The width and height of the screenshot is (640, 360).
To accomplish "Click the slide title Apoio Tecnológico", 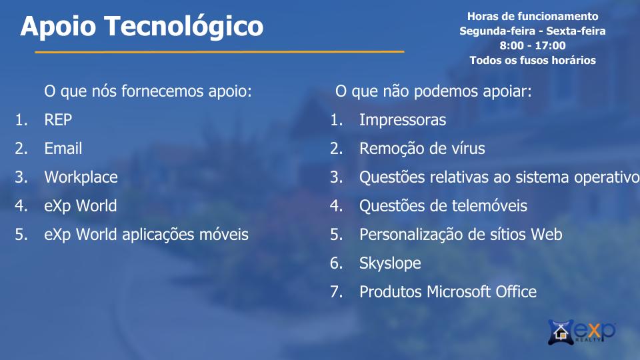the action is click(141, 27).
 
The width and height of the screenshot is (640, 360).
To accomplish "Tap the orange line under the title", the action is click(219, 52).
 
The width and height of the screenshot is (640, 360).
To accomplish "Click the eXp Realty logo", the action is click(581, 331).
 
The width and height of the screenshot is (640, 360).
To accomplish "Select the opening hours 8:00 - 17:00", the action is click(533, 45).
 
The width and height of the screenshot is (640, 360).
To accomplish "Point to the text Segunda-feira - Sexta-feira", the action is click(533, 31).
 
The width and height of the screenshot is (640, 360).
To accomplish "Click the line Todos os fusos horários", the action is click(533, 61).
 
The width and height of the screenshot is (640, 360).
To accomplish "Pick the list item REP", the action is click(58, 119).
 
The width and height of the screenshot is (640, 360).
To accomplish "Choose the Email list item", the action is click(63, 148).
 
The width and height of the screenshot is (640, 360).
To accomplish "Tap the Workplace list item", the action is click(81, 177).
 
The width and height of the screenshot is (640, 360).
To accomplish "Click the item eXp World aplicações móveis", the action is click(146, 235).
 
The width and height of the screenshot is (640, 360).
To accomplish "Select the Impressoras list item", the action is click(403, 120).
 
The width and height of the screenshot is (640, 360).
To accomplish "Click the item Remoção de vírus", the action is click(422, 149).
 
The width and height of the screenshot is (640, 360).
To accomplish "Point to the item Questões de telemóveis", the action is click(443, 206).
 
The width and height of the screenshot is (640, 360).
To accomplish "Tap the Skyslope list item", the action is click(390, 263).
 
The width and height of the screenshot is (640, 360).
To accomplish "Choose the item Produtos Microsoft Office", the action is click(448, 292).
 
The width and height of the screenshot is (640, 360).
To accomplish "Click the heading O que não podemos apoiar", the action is click(433, 91).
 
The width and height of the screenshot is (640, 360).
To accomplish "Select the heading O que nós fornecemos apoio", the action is click(148, 91).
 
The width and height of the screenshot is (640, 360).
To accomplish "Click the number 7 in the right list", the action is click(335, 292).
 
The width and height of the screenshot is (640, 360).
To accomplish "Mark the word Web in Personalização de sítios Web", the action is click(546, 234).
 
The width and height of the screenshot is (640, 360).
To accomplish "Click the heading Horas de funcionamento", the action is click(533, 16).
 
